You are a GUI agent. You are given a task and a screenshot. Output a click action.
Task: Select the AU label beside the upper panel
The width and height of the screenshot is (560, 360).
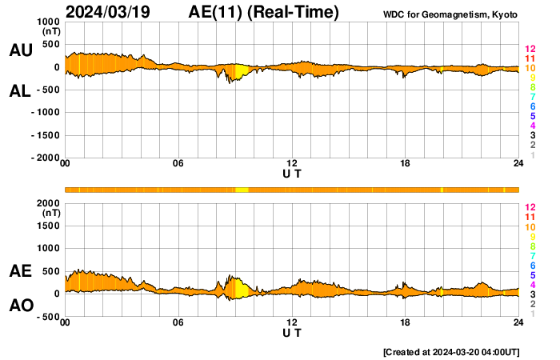pyautogui.click(x=20, y=50)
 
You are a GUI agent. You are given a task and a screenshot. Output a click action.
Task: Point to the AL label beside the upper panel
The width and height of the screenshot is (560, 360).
pyautogui.click(x=20, y=91)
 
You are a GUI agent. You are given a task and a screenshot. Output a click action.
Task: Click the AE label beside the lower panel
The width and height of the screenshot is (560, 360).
pyautogui.click(x=20, y=271)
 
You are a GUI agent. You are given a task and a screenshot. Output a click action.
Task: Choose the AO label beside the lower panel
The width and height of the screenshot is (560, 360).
pyautogui.click(x=20, y=306)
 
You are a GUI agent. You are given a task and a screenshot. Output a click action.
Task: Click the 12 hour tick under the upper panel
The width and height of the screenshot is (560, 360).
pyautogui.click(x=292, y=164)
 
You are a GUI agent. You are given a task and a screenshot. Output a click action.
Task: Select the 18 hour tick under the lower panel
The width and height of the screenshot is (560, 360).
pyautogui.click(x=406, y=322)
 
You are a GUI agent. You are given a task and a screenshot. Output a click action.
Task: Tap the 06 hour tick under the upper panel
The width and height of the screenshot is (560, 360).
pyautogui.click(x=178, y=164)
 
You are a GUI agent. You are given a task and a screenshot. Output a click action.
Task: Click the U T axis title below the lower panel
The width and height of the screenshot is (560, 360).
pyautogui.click(x=292, y=332)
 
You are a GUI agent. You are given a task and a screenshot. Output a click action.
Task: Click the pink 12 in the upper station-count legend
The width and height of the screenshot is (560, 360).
pyautogui.click(x=529, y=49)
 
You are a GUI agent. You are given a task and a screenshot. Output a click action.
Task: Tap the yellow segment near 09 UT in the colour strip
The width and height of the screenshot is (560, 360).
pyautogui.click(x=241, y=190)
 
